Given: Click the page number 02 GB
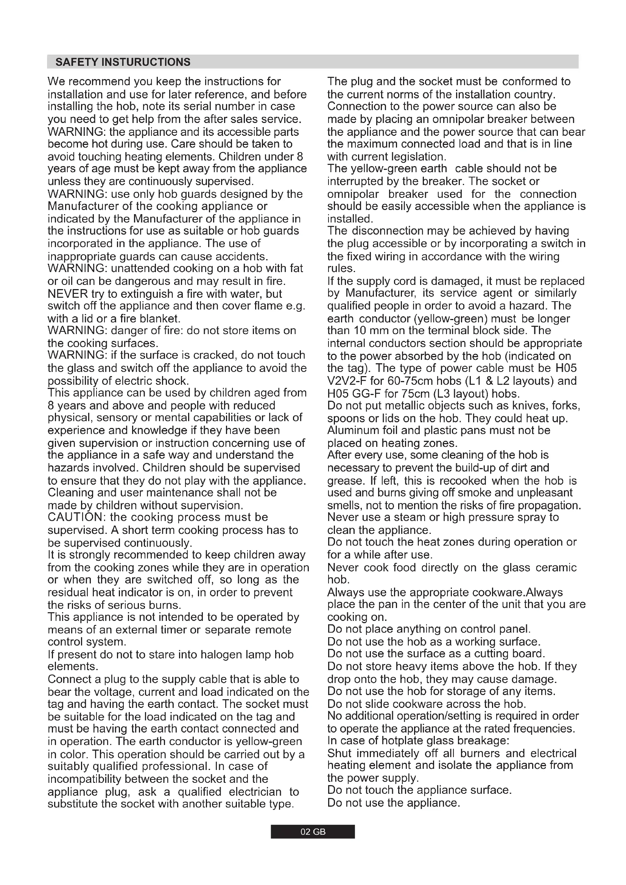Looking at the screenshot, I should (x=313, y=832).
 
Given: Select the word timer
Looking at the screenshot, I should (x=180, y=630).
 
